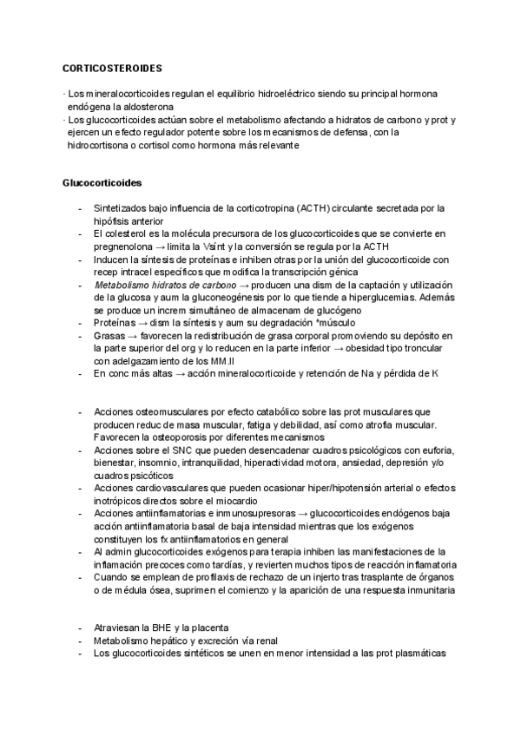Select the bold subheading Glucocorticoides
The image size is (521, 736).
click(102, 184)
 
